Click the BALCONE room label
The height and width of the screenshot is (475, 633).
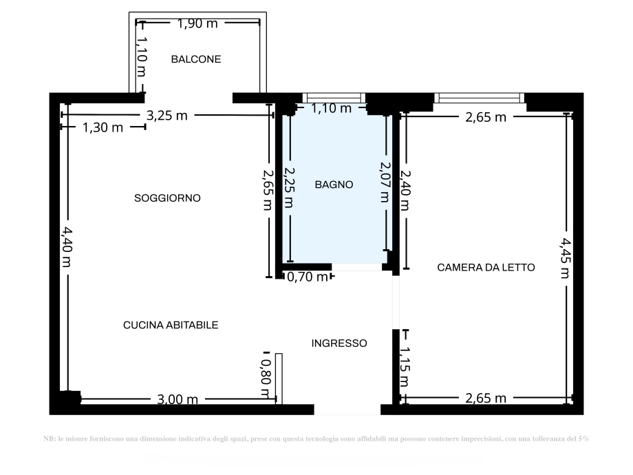click(196, 59)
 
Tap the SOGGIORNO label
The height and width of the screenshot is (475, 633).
click(167, 198)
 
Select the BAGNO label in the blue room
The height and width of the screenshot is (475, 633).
click(334, 184)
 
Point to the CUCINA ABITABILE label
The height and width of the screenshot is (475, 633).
click(171, 325)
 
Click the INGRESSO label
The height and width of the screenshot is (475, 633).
click(339, 343)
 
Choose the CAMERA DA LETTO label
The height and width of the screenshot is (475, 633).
click(486, 267)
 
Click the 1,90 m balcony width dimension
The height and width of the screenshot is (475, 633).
click(197, 23)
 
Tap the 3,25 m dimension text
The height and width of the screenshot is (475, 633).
click(167, 116)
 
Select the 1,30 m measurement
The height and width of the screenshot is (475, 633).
click(103, 127)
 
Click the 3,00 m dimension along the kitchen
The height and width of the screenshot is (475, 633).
click(178, 399)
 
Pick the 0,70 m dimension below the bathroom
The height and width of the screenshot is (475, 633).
click(307, 277)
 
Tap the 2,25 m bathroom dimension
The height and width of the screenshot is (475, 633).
click(289, 187)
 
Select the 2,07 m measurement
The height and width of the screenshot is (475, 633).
click(385, 182)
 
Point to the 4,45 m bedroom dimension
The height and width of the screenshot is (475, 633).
click(565, 257)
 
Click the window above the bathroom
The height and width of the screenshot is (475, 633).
click(334, 98)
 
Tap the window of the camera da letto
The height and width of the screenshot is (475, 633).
click(479, 98)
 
